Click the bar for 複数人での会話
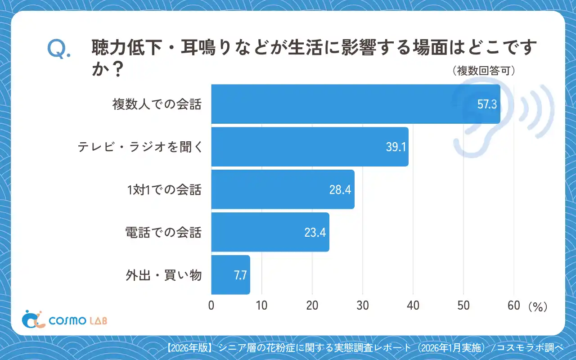(355, 104)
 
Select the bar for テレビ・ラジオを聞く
(310, 147)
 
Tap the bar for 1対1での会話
(283, 189)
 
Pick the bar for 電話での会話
(270, 232)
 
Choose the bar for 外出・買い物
(230, 275)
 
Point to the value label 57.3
(487, 104)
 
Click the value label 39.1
(396, 147)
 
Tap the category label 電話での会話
(163, 233)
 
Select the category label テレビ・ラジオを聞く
(139, 147)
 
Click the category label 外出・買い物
(163, 275)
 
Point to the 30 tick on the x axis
(362, 306)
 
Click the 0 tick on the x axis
(211, 306)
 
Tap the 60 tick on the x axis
(513, 306)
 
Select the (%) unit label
(537, 306)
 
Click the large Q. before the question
(59, 50)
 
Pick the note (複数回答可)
(483, 71)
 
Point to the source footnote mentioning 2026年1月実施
(364, 348)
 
